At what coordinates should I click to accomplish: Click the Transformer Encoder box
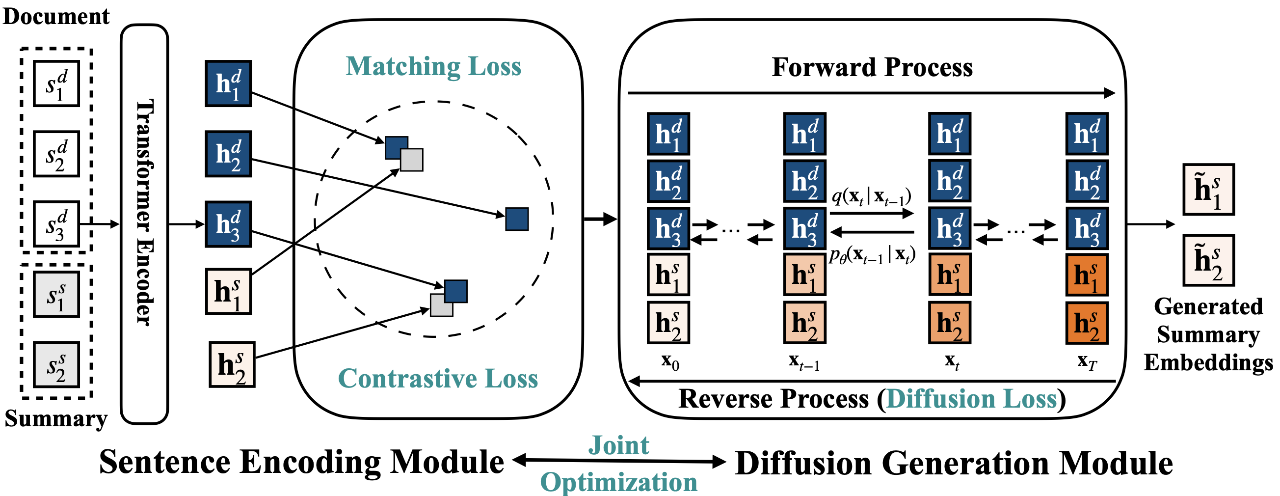tap(144, 223)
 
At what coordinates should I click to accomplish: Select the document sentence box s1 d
tap(56, 83)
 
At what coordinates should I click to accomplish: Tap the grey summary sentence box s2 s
tap(56, 364)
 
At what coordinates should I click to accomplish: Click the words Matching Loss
tap(433, 67)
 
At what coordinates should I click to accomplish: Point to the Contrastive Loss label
tap(438, 378)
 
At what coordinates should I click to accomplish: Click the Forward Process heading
tap(872, 67)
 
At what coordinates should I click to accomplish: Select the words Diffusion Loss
tap(971, 399)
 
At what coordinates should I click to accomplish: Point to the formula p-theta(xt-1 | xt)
tap(872, 255)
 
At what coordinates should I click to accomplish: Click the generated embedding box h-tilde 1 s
tap(1208, 190)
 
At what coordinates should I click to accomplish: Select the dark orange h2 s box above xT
tap(1087, 323)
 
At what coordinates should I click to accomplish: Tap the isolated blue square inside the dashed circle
tap(517, 219)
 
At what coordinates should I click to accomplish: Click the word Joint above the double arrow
tap(618, 445)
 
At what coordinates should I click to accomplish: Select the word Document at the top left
tap(55, 16)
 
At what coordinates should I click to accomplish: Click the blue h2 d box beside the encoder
tap(228, 154)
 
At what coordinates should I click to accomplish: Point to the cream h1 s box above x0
tap(668, 275)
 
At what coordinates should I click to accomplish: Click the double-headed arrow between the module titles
tap(619, 461)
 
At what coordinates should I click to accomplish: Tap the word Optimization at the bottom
tap(618, 482)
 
